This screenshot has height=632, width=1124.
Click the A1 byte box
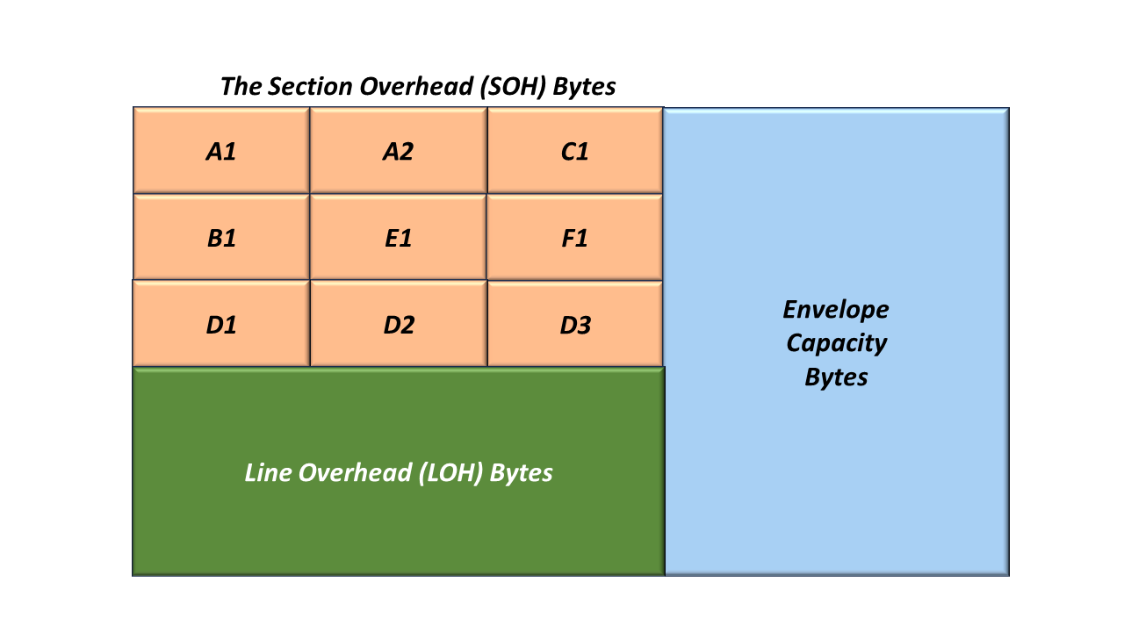[221, 150]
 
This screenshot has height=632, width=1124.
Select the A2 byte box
[399, 150]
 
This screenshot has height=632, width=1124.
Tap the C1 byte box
[575, 150]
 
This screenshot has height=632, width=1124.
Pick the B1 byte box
[221, 237]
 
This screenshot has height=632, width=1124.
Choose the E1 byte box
[399, 237]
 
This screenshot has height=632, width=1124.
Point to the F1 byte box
[575, 237]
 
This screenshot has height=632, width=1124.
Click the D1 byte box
[221, 324]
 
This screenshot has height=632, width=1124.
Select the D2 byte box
[399, 324]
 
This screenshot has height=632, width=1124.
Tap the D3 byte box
[575, 324]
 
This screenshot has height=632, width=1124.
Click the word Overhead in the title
[416, 86]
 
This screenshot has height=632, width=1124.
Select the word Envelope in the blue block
[835, 310]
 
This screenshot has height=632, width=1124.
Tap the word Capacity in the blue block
[837, 343]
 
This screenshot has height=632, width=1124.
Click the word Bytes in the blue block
[836, 377]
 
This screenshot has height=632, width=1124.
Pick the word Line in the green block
[268, 472]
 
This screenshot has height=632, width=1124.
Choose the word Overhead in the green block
[356, 472]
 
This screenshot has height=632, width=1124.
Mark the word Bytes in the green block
[521, 473]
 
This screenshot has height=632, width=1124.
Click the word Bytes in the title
[584, 87]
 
